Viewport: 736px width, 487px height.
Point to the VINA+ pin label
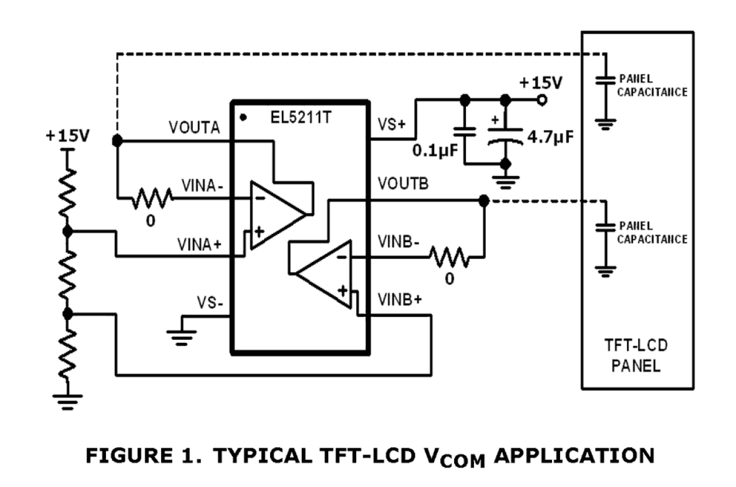[x=200, y=246]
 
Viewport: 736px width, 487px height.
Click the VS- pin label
[x=209, y=304]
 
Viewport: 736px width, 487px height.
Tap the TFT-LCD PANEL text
[x=638, y=356]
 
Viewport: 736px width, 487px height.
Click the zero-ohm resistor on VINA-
[x=151, y=199]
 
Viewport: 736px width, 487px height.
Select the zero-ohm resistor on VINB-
[x=449, y=256]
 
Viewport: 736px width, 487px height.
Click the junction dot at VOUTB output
[x=483, y=201]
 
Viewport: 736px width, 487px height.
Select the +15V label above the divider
[x=67, y=137]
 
